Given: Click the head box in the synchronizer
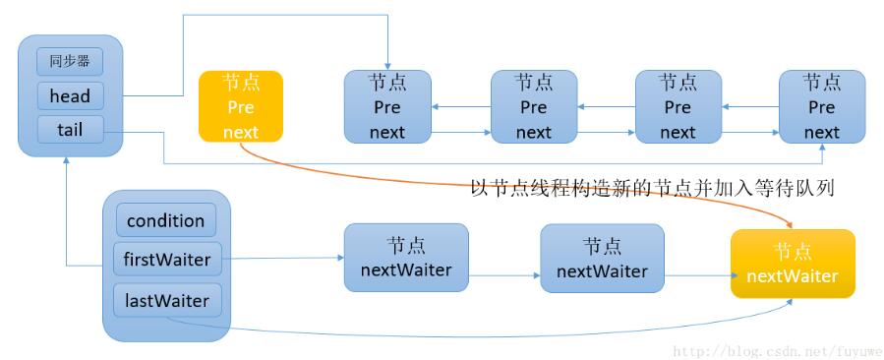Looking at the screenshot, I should [69, 95].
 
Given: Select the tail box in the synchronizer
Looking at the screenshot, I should [69, 130].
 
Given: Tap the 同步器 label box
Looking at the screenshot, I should [69, 61].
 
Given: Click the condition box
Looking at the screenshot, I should [165, 220].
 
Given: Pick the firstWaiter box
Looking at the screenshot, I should [165, 260].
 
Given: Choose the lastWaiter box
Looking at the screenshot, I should [165, 299].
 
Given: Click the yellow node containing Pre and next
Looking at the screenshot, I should [240, 106].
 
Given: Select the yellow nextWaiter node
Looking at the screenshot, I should [793, 264].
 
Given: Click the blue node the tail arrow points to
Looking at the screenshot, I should [821, 106].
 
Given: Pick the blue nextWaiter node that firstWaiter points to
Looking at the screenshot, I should [406, 258].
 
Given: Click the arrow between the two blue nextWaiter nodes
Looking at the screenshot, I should [504, 260].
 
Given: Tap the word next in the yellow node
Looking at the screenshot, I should [240, 132].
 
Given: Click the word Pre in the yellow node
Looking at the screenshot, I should [240, 106].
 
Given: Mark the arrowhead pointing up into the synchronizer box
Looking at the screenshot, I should [66, 162].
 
